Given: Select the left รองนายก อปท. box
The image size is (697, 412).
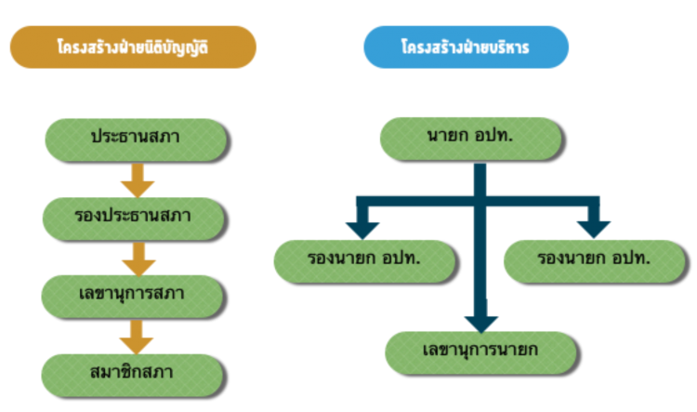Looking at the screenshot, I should point(364,259).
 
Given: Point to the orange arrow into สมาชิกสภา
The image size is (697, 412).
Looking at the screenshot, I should point(138,336).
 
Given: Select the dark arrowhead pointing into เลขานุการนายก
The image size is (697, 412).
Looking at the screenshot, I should point(481,322).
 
